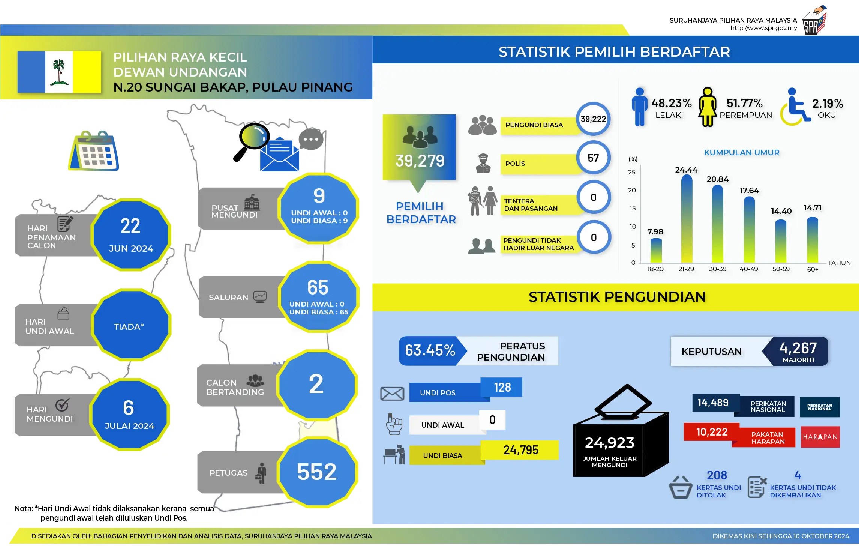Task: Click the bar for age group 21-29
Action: click(687, 219)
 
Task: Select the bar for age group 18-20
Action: click(656, 250)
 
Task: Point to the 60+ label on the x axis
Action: click(813, 269)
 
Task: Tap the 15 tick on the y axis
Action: click(633, 208)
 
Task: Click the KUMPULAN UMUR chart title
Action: click(741, 153)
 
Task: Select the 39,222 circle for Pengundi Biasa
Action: click(593, 119)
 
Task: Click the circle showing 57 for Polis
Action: click(593, 158)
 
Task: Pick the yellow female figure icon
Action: click(708, 107)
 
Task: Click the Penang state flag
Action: click(59, 72)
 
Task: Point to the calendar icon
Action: click(93, 151)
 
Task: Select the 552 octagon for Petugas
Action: click(317, 472)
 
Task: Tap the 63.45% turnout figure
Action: click(430, 350)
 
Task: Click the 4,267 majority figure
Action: click(798, 348)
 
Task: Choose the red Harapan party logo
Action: click(820, 437)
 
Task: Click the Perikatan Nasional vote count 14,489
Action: click(713, 403)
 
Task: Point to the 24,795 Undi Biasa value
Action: click(521, 450)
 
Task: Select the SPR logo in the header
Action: click(814, 20)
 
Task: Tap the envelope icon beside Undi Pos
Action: click(392, 394)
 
